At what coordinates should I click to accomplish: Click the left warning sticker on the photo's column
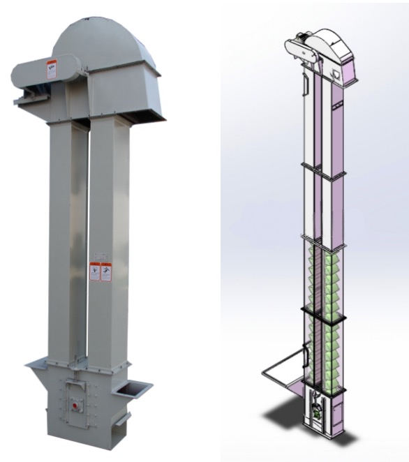click(95, 271)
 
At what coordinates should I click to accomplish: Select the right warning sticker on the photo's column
click(106, 272)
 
